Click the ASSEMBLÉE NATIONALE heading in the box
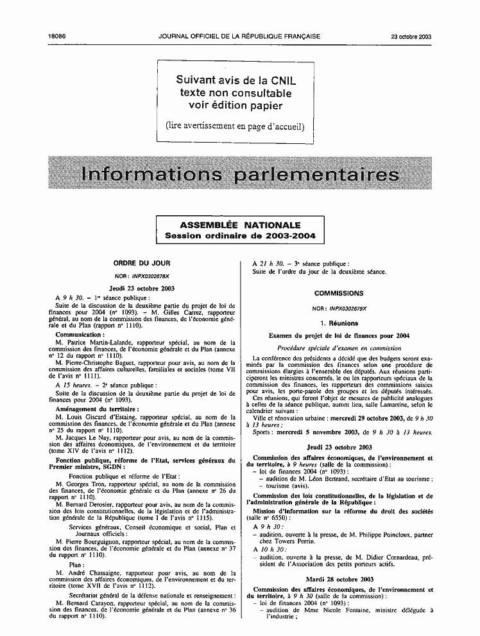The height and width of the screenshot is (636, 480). point(239,225)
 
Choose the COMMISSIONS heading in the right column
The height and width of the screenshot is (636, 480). point(339,293)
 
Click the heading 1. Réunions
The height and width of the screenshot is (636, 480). point(339,323)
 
